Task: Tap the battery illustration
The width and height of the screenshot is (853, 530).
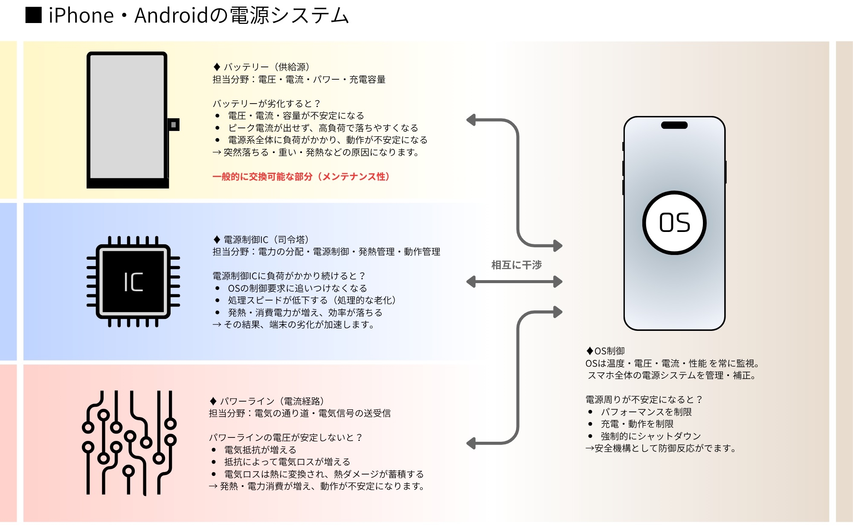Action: click(127, 119)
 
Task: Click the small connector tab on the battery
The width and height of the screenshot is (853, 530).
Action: click(174, 125)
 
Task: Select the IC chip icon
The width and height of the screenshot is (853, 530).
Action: click(133, 282)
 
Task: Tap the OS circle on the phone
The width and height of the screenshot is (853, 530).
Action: click(674, 223)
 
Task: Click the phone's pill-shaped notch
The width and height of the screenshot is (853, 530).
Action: click(674, 125)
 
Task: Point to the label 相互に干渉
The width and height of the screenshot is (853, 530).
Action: click(516, 265)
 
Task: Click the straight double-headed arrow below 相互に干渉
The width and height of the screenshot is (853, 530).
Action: click(514, 282)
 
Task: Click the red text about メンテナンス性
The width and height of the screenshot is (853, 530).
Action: click(301, 177)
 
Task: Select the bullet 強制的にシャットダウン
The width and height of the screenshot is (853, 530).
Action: click(650, 436)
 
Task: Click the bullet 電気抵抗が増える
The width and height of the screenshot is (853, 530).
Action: click(260, 450)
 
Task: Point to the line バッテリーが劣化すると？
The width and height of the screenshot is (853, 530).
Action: click(267, 104)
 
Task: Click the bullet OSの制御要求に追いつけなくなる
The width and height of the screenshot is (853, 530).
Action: click(297, 288)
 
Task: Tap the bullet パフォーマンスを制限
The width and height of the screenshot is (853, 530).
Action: click(646, 412)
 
